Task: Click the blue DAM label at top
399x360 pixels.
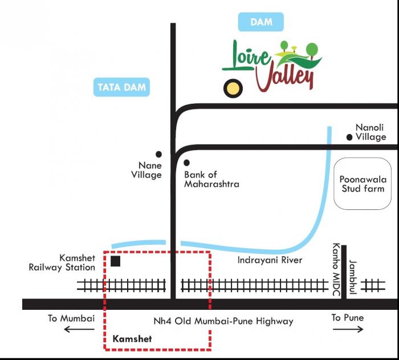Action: tap(260, 23)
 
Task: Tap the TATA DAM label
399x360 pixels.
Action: tap(122, 87)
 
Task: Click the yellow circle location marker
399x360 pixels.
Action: tap(231, 88)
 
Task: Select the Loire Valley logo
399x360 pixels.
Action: tap(272, 66)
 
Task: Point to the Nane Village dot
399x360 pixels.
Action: tap(158, 154)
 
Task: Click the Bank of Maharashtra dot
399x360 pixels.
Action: tap(186, 163)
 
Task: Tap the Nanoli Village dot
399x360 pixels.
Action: tap(349, 137)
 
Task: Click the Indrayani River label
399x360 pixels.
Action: tap(270, 260)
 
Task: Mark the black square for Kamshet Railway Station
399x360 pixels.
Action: tap(116, 261)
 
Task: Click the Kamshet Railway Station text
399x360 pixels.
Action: tap(62, 263)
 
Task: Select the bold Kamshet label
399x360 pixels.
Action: tap(133, 339)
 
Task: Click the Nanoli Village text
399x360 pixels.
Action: tap(370, 132)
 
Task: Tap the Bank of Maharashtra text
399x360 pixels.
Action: tap(211, 179)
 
